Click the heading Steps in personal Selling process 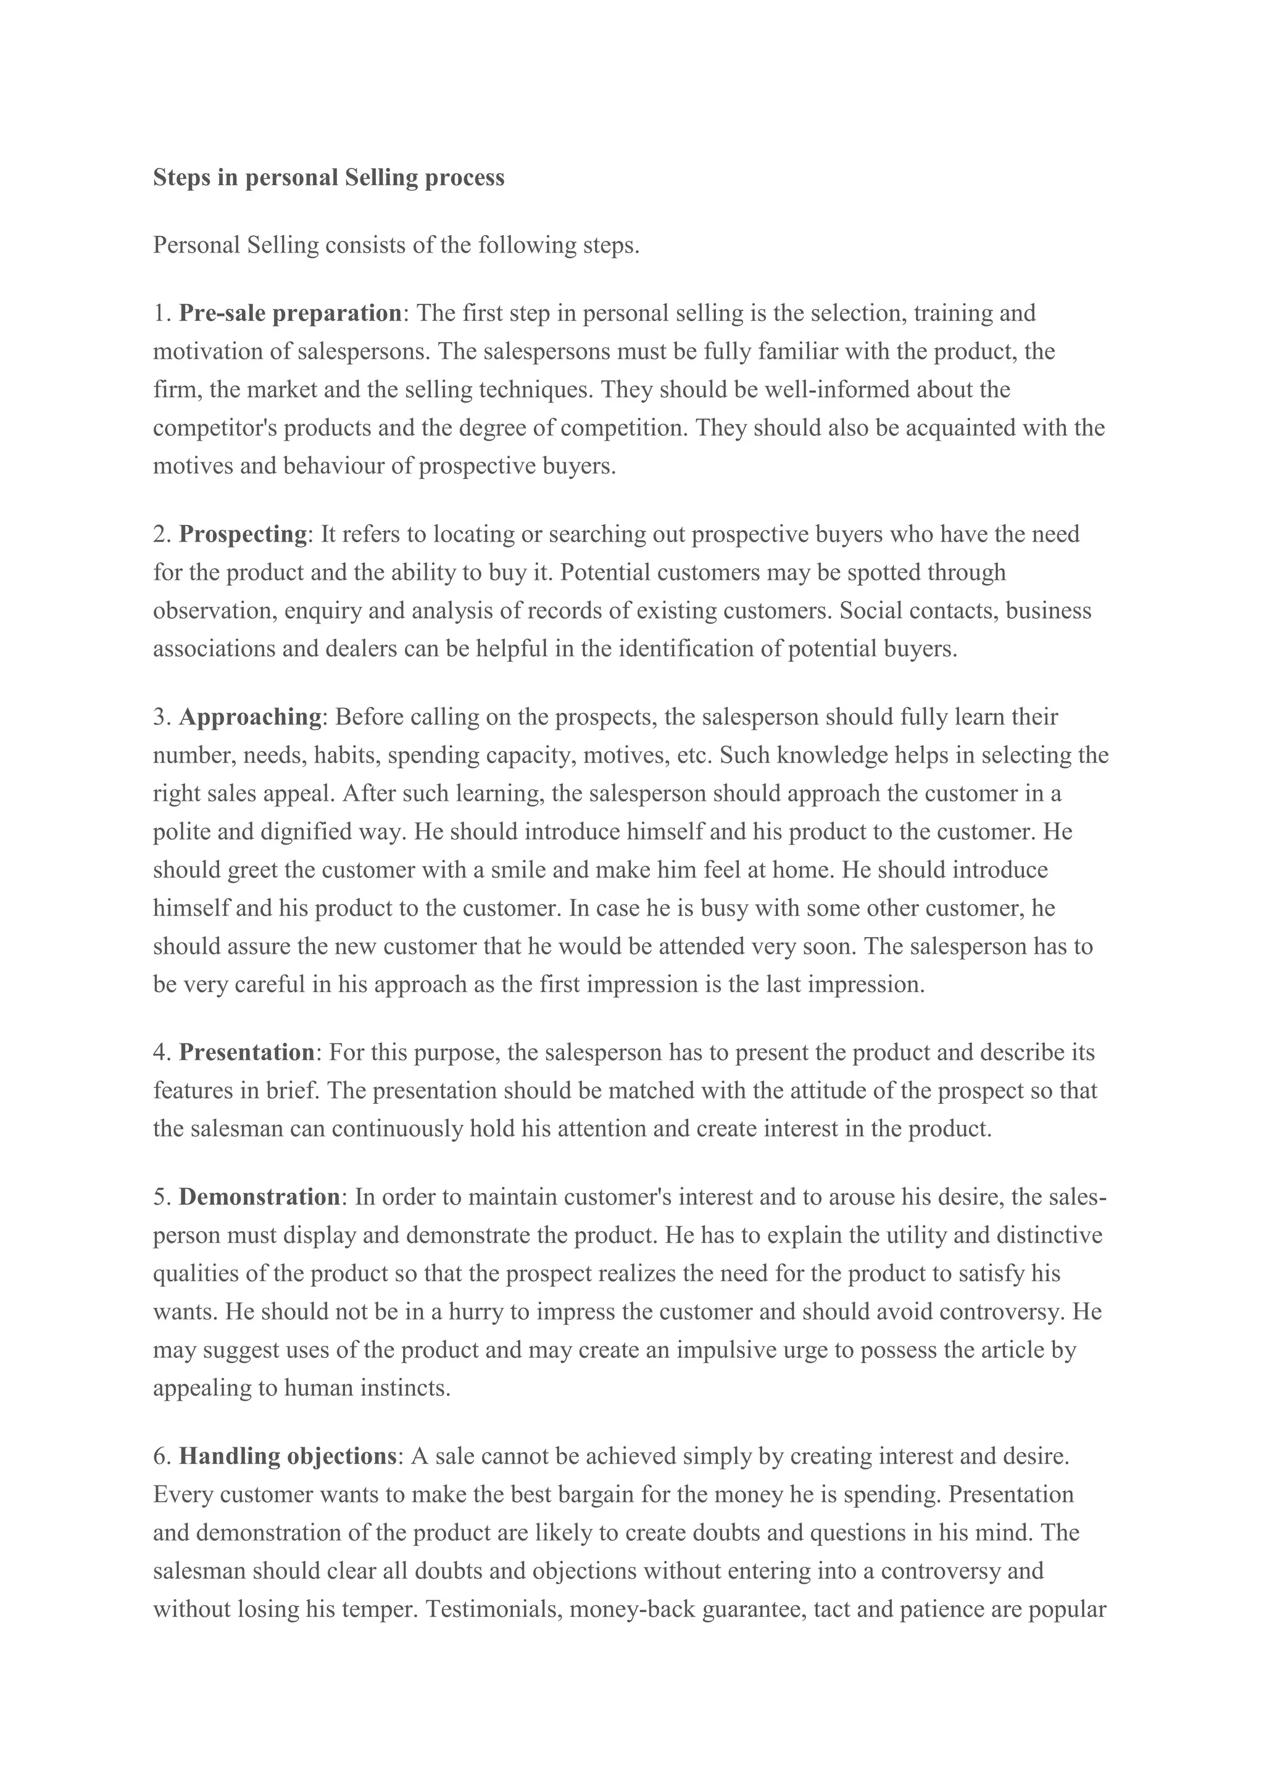click(x=328, y=178)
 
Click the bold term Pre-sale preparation click(x=289, y=313)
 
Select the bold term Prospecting click(x=243, y=534)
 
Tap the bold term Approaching click(x=250, y=716)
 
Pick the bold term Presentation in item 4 click(x=247, y=1052)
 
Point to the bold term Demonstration click(x=259, y=1197)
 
